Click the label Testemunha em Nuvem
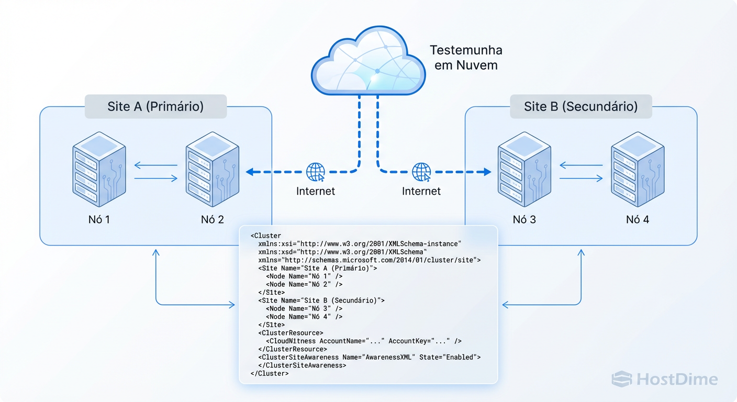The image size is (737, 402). [x=465, y=58]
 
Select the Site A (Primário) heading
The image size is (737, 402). [x=155, y=107]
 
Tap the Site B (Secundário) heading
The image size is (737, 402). [x=580, y=107]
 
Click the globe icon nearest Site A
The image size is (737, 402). [x=316, y=172]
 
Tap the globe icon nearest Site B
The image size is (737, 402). [x=422, y=172]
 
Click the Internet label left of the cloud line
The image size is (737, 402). [x=316, y=191]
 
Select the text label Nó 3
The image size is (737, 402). [x=524, y=219]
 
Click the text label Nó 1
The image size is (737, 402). [x=99, y=219]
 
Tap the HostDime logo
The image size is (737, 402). [x=665, y=379]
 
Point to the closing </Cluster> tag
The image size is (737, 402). [x=270, y=373]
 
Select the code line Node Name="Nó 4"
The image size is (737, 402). [x=304, y=317]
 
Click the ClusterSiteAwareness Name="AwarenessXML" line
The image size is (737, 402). [x=369, y=357]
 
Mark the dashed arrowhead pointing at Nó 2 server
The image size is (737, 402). [x=250, y=172]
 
